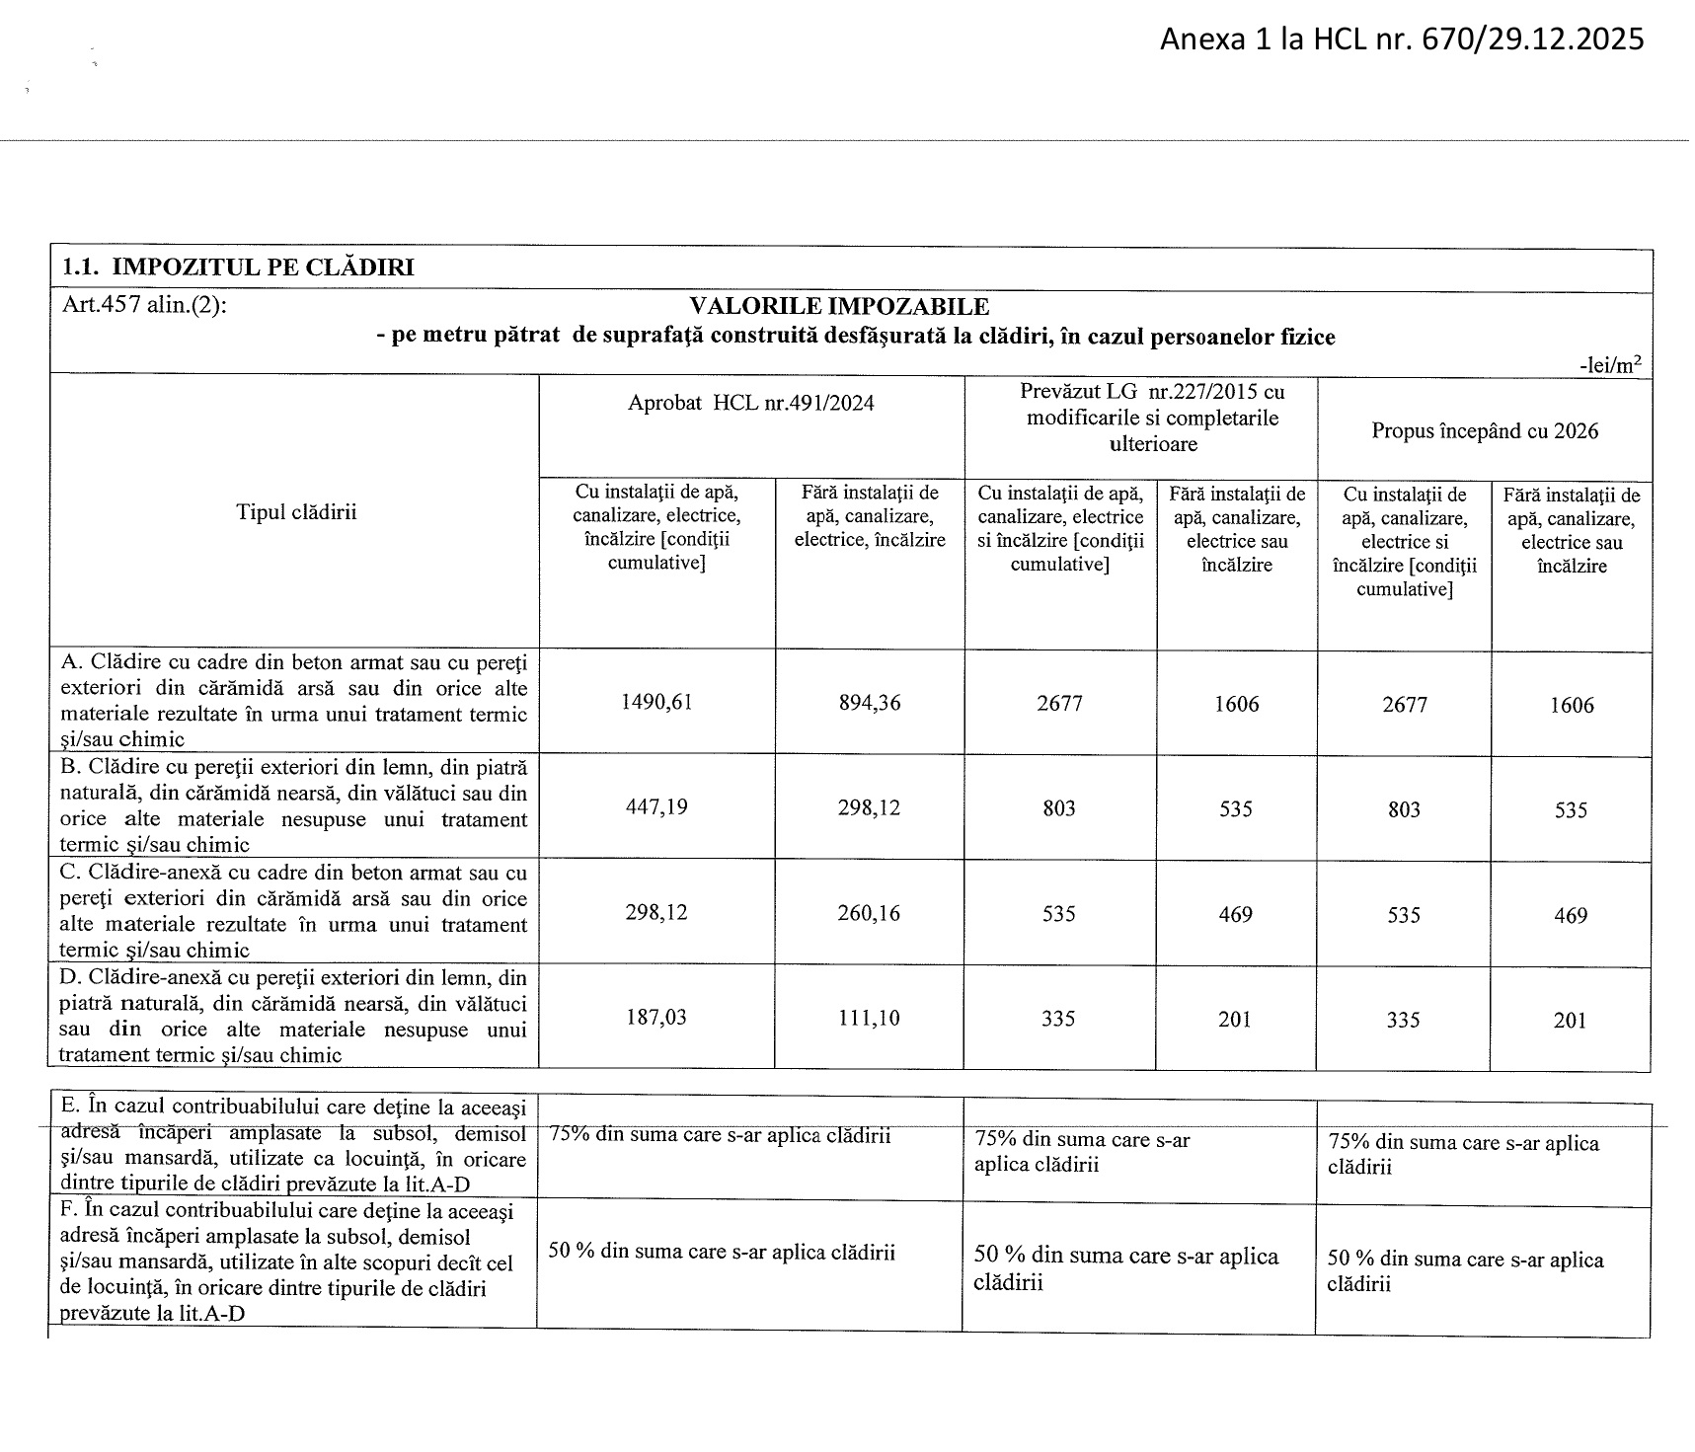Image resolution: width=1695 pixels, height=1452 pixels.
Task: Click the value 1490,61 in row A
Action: (x=656, y=703)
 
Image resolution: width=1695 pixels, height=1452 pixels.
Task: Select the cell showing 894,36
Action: (x=870, y=703)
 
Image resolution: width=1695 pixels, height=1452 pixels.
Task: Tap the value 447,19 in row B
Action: (x=656, y=807)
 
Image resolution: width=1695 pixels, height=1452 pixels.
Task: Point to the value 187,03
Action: (x=656, y=1018)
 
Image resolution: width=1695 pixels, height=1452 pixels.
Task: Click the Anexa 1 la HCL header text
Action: (x=1402, y=39)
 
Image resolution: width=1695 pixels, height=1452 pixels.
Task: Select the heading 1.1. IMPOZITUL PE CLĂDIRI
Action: (x=238, y=267)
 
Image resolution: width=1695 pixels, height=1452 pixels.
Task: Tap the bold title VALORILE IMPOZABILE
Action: (x=839, y=307)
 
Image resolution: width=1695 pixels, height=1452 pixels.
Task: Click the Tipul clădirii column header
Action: (x=296, y=512)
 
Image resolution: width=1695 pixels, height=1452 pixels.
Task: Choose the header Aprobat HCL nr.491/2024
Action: (x=751, y=403)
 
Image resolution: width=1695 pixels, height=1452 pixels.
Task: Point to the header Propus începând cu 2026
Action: (x=1485, y=431)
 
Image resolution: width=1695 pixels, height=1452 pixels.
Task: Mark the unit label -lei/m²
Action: (x=1610, y=364)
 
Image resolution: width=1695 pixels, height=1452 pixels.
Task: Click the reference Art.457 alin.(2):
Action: (x=144, y=306)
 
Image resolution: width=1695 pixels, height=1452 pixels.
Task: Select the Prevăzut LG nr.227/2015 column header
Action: (x=1152, y=418)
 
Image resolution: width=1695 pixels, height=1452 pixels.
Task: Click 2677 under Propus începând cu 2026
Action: (x=1404, y=705)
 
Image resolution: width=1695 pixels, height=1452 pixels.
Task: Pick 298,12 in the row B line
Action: (x=870, y=807)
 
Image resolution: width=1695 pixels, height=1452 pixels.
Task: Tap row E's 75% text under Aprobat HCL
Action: (x=720, y=1135)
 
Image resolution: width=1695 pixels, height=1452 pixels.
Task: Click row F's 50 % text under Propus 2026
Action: (x=1465, y=1271)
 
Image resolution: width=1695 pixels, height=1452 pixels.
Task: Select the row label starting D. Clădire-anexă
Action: (x=293, y=1016)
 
